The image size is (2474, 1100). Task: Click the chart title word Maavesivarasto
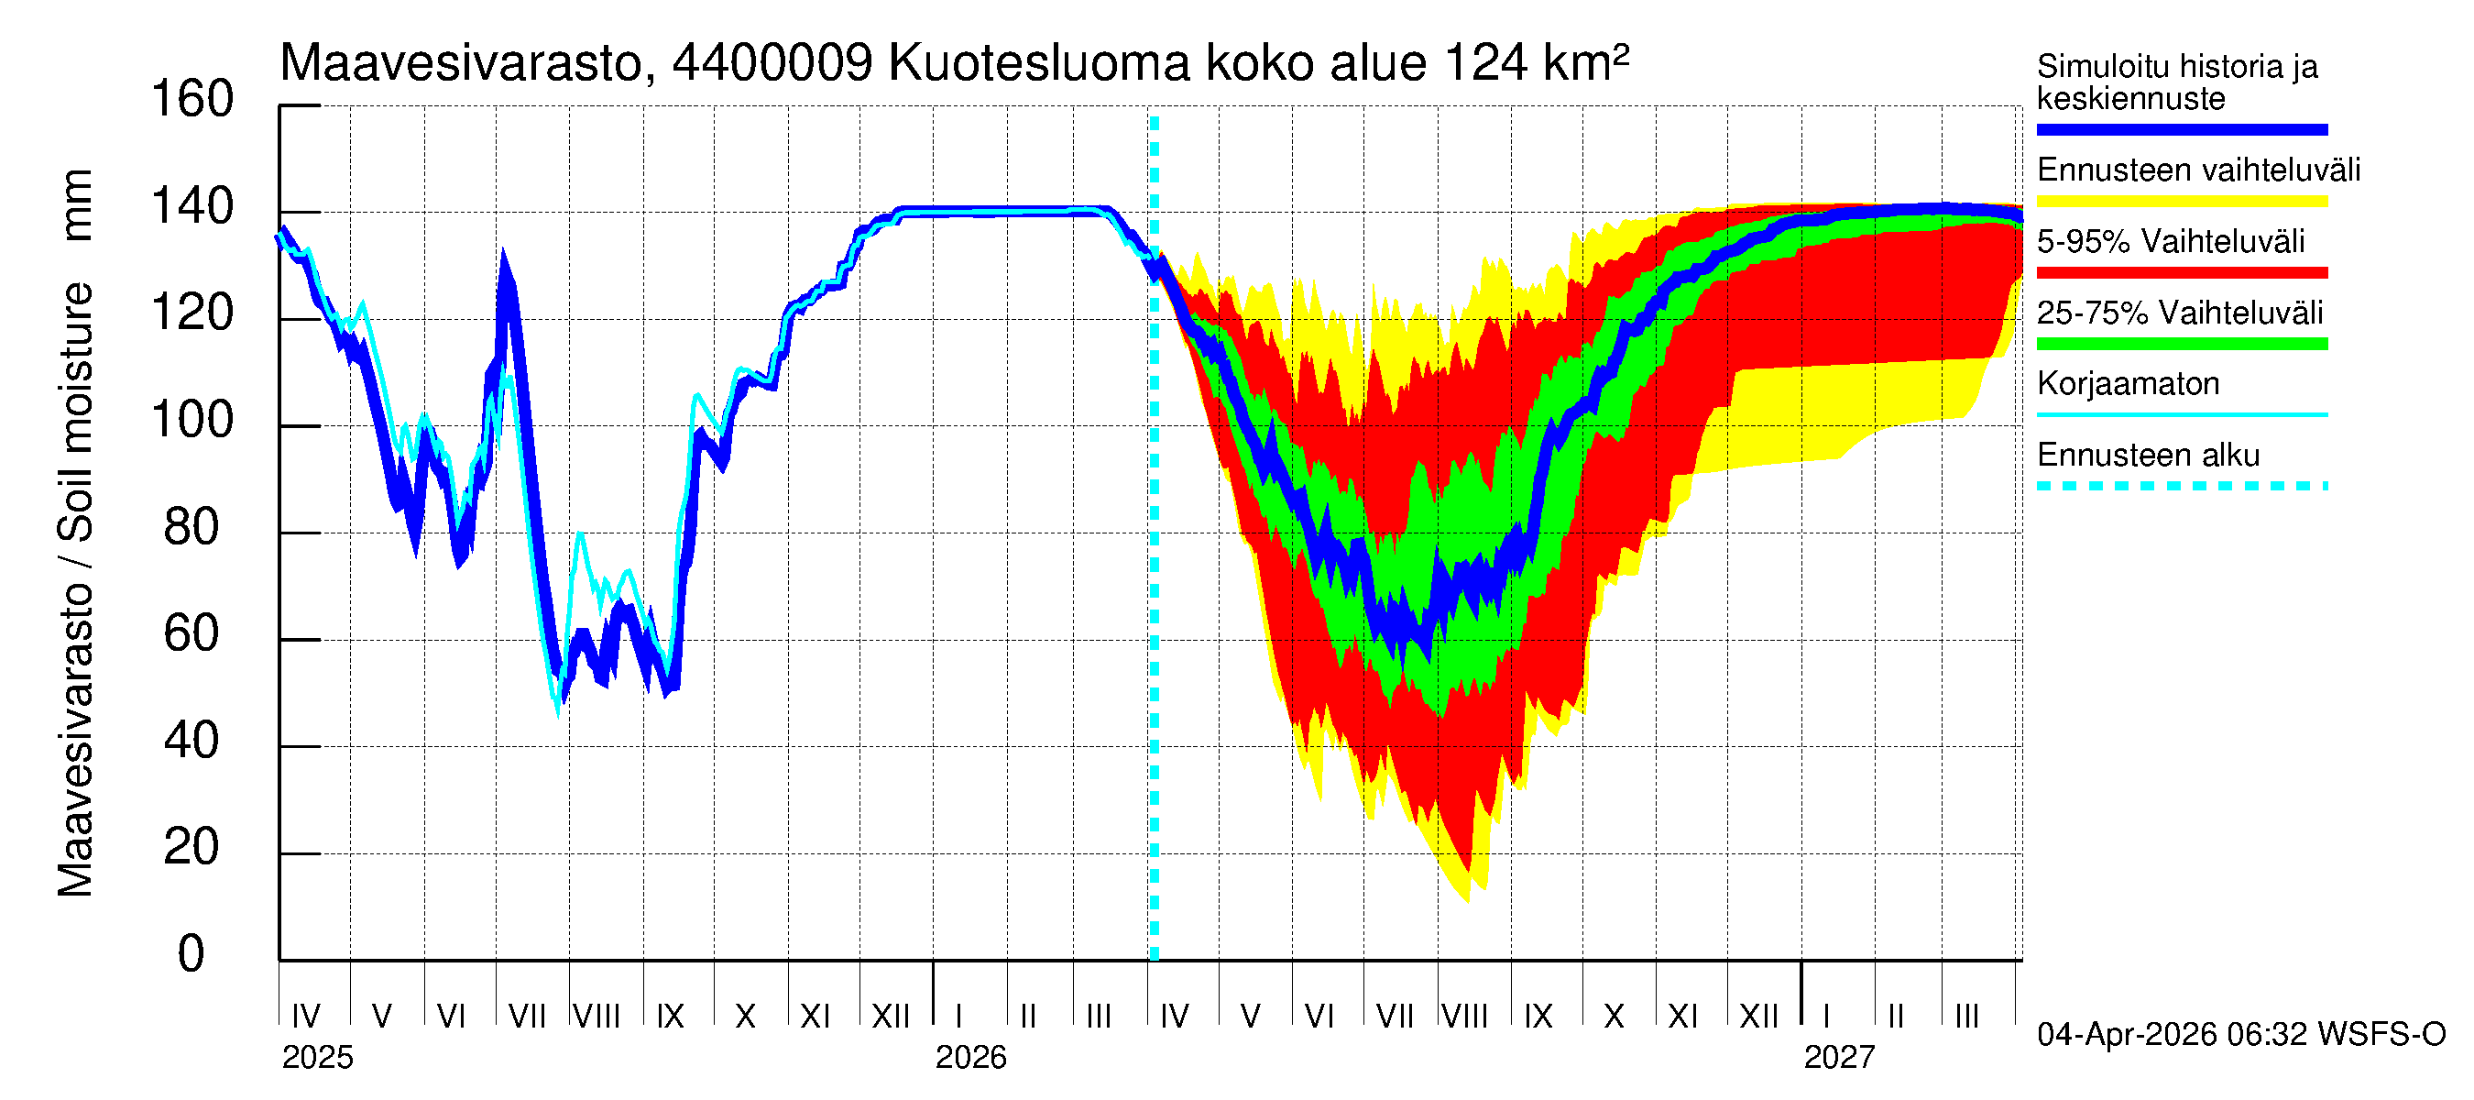[x=461, y=63]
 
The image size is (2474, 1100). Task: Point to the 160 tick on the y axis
[x=192, y=100]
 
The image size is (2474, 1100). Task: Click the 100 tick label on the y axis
[x=192, y=421]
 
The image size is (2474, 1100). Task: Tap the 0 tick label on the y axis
[x=192, y=954]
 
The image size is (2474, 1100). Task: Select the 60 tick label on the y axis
[x=192, y=634]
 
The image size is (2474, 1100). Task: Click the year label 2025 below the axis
[x=317, y=1058]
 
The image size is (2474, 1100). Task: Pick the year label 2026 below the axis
[x=970, y=1058]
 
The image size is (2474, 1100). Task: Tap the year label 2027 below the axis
[x=1838, y=1058]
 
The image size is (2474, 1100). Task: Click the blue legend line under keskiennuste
[x=2181, y=129]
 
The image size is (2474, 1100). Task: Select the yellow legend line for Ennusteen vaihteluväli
[x=2181, y=202]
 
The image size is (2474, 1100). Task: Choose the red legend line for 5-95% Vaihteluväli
[x=2181, y=273]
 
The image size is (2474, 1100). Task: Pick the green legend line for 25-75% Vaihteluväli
[x=2181, y=344]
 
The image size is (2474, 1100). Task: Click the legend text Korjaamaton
[x=2128, y=384]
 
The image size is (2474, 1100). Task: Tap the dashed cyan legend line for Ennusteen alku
[x=2181, y=486]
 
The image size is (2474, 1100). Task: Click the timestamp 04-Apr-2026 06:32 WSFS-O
[x=2240, y=1035]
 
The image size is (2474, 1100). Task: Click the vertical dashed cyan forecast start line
[x=1155, y=577]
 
